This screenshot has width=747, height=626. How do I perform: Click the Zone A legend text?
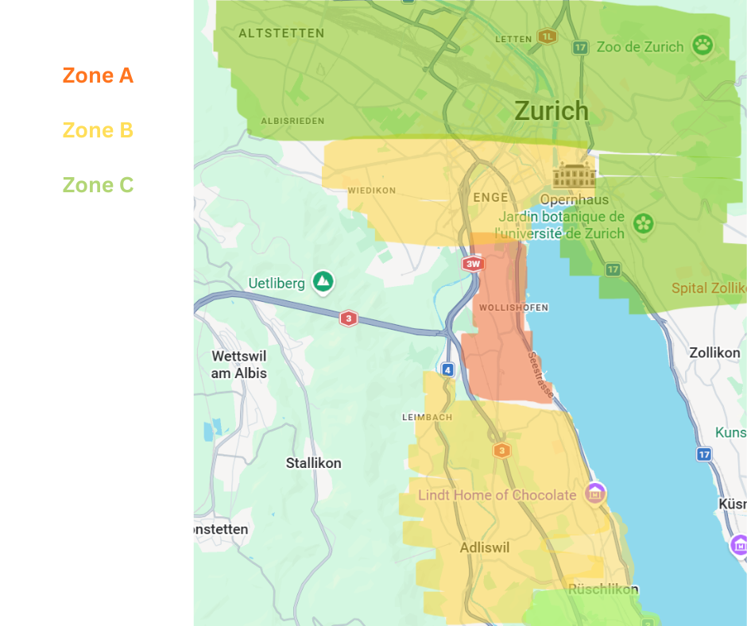click(98, 76)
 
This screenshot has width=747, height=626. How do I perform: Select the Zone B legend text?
click(98, 130)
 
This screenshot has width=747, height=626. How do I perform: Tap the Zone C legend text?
click(98, 185)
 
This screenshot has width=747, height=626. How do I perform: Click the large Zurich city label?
click(552, 110)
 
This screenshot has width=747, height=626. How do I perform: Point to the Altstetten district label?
click(281, 33)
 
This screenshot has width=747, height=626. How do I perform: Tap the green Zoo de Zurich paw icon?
click(702, 44)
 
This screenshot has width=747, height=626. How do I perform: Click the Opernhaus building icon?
click(574, 176)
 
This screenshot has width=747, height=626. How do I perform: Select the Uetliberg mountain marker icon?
click(323, 281)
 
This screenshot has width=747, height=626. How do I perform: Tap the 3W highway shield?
click(474, 264)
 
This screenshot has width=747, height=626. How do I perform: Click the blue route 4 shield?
click(448, 369)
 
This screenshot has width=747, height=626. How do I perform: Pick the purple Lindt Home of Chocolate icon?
click(594, 493)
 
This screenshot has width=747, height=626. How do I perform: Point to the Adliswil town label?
click(484, 547)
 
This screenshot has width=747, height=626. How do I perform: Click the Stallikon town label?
click(313, 463)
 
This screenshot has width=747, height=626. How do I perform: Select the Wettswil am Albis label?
click(238, 365)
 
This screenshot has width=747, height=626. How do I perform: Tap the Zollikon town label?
click(714, 353)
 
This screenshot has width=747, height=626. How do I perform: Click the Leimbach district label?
click(427, 417)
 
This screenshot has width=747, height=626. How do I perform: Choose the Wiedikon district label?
click(371, 191)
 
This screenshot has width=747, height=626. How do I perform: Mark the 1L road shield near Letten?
click(547, 37)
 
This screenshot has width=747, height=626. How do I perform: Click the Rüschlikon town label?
click(603, 589)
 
